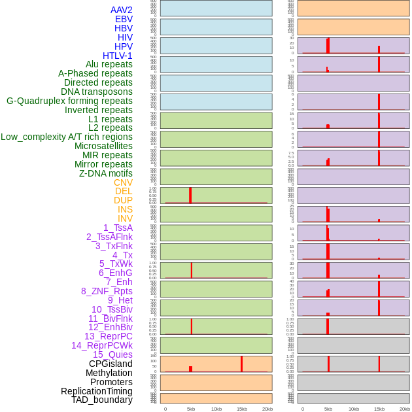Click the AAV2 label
click(x=121, y=10)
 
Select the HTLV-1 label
click(x=117, y=56)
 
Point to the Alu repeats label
click(x=109, y=64)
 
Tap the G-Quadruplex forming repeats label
click(x=69, y=101)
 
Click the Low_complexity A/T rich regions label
click(x=67, y=137)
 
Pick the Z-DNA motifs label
click(x=105, y=173)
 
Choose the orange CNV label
click(x=123, y=182)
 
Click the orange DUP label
click(x=123, y=200)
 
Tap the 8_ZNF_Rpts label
click(x=107, y=291)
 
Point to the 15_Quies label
click(x=112, y=354)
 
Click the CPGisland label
click(x=111, y=364)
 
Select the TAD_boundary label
click(x=101, y=400)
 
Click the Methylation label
click(x=109, y=373)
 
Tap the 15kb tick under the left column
click(x=242, y=409)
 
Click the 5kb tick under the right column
click(x=328, y=409)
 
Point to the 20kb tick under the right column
click(x=405, y=409)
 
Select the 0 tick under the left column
click(x=165, y=409)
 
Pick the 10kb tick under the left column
click(x=216, y=409)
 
